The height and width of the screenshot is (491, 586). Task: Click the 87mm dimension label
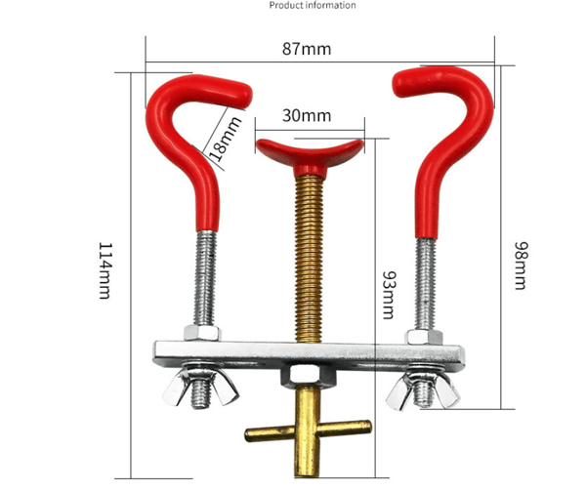point(307,49)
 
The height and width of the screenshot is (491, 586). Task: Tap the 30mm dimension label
point(307,115)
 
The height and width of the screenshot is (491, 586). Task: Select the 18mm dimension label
point(224,139)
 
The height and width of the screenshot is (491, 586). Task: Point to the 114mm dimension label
point(105,270)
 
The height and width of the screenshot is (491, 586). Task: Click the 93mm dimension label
point(389,295)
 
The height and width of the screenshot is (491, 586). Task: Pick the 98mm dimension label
point(521,266)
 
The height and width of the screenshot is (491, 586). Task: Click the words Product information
point(313,5)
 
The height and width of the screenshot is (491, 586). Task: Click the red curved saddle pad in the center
point(310,155)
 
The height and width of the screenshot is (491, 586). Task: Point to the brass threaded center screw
point(309,259)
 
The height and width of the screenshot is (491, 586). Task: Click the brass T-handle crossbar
point(309,430)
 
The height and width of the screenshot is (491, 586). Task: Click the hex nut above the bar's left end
point(202,332)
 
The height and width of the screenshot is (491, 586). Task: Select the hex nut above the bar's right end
point(424,337)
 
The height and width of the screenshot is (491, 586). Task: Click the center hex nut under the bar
point(309,377)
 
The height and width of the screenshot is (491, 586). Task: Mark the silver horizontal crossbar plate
point(309,353)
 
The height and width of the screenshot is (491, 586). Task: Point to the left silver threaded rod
point(205,278)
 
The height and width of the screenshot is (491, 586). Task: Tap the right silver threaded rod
point(425,284)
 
